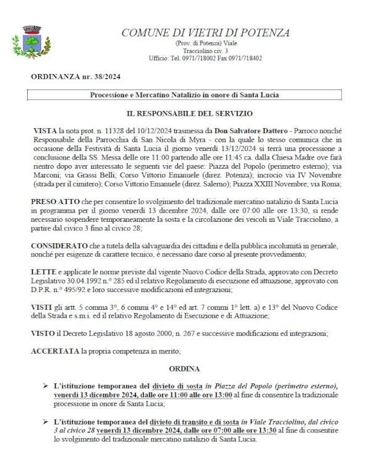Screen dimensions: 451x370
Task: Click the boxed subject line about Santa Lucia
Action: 184,95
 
